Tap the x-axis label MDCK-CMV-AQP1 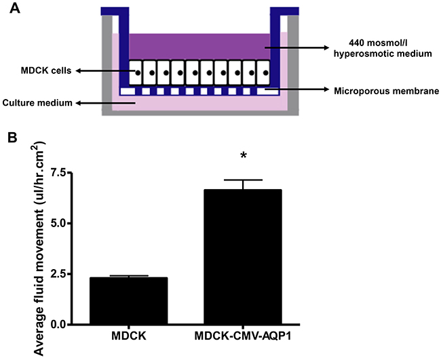pos(243,338)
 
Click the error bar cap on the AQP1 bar pos(243,180)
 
